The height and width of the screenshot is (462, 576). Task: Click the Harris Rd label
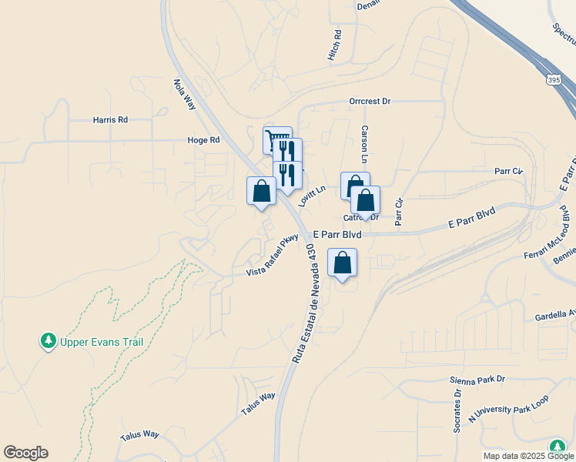110,120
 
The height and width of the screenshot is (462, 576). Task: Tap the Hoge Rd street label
203,140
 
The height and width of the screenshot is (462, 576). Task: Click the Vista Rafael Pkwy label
272,256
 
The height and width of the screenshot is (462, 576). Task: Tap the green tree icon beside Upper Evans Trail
49,340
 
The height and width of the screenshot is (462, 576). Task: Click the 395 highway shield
554,79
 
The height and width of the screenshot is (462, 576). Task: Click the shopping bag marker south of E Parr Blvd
343,263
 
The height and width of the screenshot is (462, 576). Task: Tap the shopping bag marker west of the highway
261,191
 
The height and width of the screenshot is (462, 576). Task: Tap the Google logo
25,453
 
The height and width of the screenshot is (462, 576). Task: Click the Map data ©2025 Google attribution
527,456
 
